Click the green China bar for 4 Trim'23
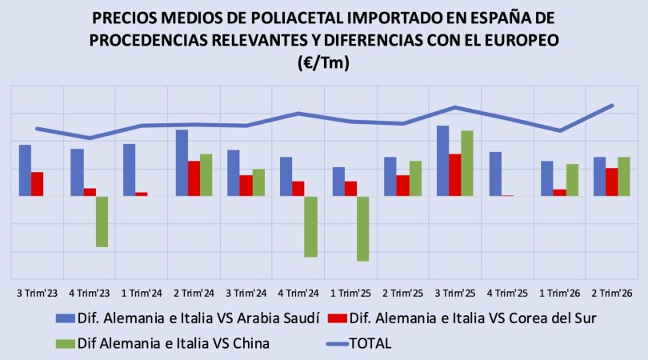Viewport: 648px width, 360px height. (x=102, y=222)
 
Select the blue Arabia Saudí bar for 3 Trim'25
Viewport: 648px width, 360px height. (x=443, y=161)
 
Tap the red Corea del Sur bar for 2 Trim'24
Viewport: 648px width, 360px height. (x=194, y=178)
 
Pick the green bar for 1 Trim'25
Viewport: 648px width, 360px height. (x=363, y=229)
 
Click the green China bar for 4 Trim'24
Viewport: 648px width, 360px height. (x=310, y=226)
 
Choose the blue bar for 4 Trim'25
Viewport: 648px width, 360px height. (x=495, y=174)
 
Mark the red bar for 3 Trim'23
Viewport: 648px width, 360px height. (x=37, y=184)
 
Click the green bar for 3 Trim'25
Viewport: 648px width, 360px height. (x=467, y=163)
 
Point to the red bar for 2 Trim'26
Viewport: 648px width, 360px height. (x=612, y=182)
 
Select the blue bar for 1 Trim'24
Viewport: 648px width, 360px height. (x=130, y=170)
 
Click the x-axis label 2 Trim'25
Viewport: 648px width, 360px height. (x=403, y=294)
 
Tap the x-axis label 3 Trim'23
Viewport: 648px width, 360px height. (x=37, y=294)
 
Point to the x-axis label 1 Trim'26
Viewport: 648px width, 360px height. (x=559, y=294)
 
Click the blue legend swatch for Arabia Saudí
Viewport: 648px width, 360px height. (x=66, y=318)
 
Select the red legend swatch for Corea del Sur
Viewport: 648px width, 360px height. (x=338, y=318)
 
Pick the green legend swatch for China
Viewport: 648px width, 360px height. (x=66, y=343)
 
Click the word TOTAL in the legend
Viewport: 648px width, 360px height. (x=370, y=343)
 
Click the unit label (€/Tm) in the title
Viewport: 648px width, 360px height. (x=323, y=63)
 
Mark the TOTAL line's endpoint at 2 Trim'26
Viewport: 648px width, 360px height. (x=612, y=106)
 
